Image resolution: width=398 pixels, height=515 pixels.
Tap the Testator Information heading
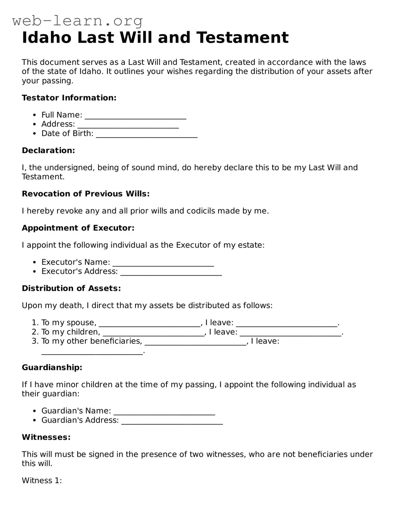coord(69,98)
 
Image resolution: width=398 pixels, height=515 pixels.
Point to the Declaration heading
coord(48,151)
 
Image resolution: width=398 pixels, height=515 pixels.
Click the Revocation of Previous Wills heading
coord(85,194)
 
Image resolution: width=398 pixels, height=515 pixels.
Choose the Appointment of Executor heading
coord(78,228)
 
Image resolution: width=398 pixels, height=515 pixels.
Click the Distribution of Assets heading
coord(71,288)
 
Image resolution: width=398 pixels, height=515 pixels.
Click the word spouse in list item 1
coord(80,323)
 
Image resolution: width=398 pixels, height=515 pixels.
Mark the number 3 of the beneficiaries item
coord(35,341)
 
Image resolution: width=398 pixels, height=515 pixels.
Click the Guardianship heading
coord(52,368)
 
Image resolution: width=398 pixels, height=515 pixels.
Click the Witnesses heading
coord(46,437)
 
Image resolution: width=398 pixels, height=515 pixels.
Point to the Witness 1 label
coord(42,481)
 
